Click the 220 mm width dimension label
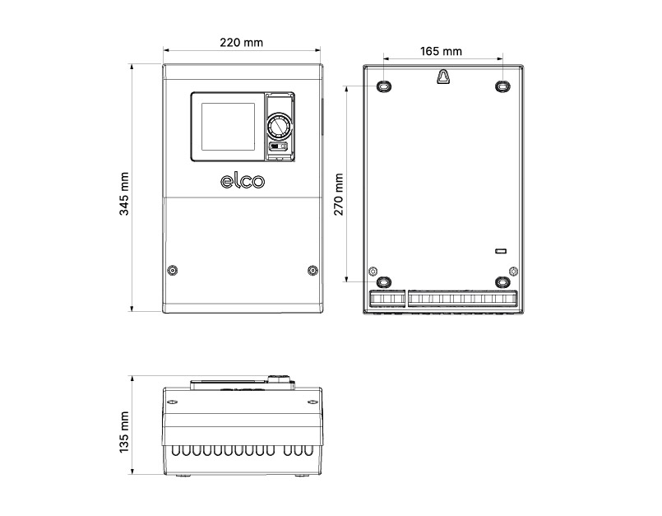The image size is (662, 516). pyautogui.click(x=243, y=43)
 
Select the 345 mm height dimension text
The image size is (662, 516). pyautogui.click(x=124, y=193)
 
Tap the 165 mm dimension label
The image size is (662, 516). pyautogui.click(x=441, y=51)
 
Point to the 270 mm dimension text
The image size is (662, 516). pyautogui.click(x=339, y=193)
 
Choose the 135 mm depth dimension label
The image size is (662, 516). pyautogui.click(x=124, y=432)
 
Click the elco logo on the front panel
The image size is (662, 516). pyautogui.click(x=243, y=181)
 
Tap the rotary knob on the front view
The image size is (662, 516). pyautogui.click(x=278, y=128)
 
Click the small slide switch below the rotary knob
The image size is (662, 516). pyautogui.click(x=278, y=147)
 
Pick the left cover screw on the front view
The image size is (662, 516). pyautogui.click(x=173, y=271)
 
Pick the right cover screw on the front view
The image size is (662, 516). pyautogui.click(x=312, y=271)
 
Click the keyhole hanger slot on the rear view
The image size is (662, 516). pyautogui.click(x=443, y=76)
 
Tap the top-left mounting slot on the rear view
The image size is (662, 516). pyautogui.click(x=385, y=86)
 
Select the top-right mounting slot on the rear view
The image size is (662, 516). pyautogui.click(x=502, y=86)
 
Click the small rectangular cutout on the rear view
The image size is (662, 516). pyautogui.click(x=499, y=249)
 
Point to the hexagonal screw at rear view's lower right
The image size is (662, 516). pyautogui.click(x=513, y=271)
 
